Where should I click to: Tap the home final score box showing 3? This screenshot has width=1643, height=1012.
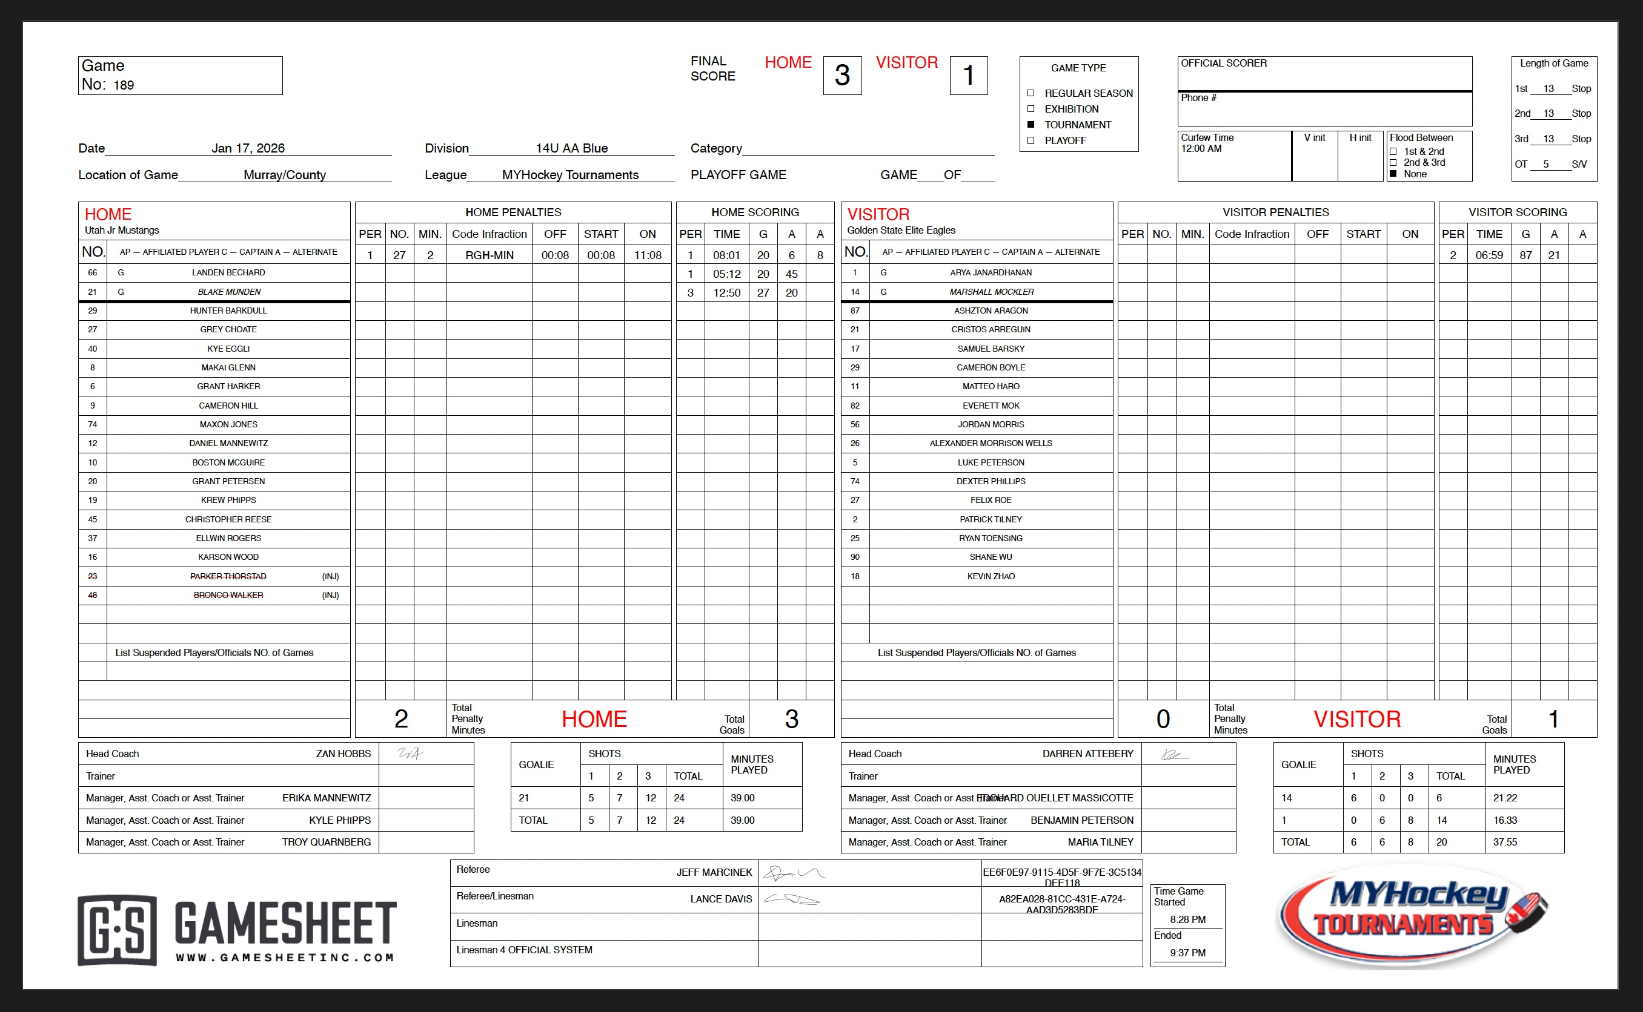[x=842, y=76]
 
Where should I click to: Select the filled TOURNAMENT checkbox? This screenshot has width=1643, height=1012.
[x=1031, y=125]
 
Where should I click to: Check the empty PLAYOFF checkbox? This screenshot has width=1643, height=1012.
[x=1031, y=140]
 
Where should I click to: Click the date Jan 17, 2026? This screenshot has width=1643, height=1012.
[x=248, y=148]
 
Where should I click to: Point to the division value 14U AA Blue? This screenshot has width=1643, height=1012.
[x=571, y=148]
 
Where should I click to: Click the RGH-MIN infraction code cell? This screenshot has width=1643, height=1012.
[x=489, y=255]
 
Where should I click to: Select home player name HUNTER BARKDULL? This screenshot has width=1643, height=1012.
[x=228, y=310]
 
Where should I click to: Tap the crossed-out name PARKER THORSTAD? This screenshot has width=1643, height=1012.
[x=228, y=576]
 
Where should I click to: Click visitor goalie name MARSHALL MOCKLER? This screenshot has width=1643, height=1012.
[x=991, y=292]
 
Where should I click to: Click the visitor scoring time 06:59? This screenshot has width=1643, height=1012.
[x=1489, y=255]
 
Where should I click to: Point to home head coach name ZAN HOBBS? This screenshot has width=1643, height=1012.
[x=343, y=754]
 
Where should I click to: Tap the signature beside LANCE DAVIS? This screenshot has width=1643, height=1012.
[x=792, y=899]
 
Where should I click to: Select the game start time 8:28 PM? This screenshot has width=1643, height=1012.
[x=1187, y=919]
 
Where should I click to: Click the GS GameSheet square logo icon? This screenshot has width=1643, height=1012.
[x=117, y=930]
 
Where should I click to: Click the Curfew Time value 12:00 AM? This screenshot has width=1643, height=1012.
[x=1201, y=148]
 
